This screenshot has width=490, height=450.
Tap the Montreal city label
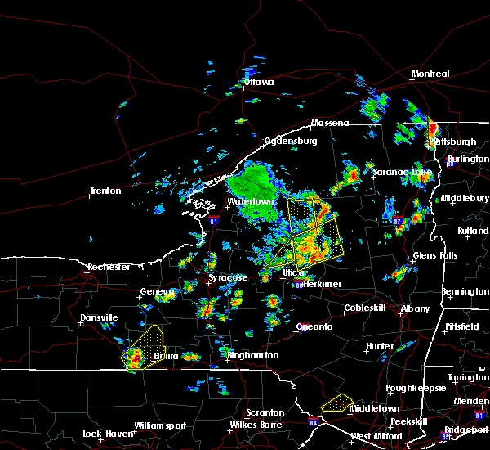(x=430, y=74)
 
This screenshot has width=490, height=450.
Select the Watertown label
(x=250, y=201)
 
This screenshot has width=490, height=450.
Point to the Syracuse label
(x=227, y=278)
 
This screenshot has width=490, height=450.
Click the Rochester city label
(x=109, y=268)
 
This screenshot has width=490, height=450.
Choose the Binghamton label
(x=253, y=356)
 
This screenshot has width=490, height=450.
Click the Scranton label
(x=266, y=413)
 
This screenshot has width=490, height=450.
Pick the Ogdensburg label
(x=289, y=141)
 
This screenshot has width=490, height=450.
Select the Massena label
(x=329, y=124)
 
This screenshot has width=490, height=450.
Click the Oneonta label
(x=314, y=327)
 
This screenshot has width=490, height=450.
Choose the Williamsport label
(x=160, y=425)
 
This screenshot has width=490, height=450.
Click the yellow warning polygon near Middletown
(x=336, y=403)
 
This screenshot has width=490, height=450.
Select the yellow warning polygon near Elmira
(x=143, y=346)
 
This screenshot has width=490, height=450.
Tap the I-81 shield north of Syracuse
(x=214, y=221)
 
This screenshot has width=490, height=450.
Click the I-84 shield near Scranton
(x=314, y=422)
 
